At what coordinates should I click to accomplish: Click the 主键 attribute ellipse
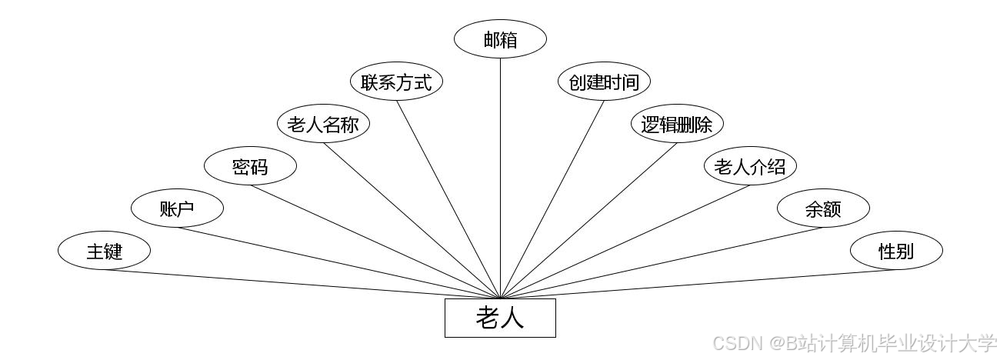tap(104, 251)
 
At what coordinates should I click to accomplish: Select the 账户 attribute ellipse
tap(177, 208)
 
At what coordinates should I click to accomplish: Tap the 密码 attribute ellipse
tap(250, 166)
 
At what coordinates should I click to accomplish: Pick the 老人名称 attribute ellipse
tap(323, 124)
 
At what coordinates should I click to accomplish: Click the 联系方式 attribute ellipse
tap(396, 82)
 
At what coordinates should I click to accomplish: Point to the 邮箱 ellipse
tap(500, 40)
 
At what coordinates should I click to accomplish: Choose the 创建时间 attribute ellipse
tap(604, 82)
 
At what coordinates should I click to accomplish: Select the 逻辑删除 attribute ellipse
tap(677, 124)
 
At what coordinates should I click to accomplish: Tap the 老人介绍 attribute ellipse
tap(750, 166)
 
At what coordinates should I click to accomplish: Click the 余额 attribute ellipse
tap(823, 208)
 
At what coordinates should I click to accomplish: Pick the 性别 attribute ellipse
tap(896, 251)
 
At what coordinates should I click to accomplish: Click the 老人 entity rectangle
tap(500, 318)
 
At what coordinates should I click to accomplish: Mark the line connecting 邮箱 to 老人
tap(500, 177)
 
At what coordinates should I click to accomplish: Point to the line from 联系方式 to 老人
tap(448, 199)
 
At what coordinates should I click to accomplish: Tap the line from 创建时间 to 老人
tap(552, 199)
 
